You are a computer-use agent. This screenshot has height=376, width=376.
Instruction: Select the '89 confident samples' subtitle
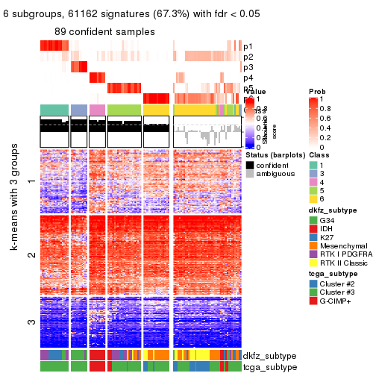point(104,31)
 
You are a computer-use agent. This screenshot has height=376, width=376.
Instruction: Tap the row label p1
point(248,46)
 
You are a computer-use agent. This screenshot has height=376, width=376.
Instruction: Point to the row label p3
point(248,67)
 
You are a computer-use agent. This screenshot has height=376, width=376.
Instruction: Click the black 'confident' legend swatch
point(250,164)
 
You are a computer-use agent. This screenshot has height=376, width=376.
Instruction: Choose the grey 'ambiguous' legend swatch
point(250,174)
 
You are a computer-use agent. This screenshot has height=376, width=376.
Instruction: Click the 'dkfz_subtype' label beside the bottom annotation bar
point(272,356)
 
